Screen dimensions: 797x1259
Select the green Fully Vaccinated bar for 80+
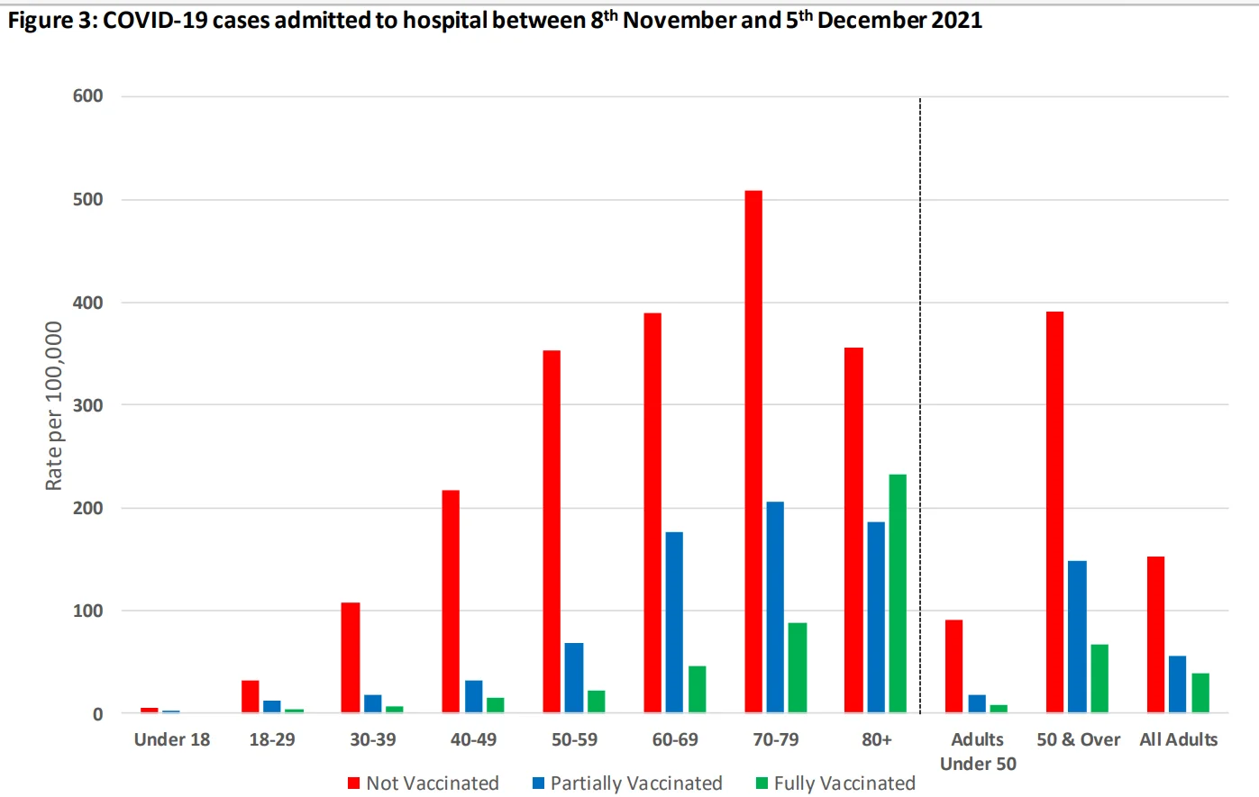pyautogui.click(x=898, y=593)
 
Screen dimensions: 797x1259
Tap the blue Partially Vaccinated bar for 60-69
pyautogui.click(x=674, y=622)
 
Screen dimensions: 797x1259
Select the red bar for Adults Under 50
pyautogui.click(x=953, y=666)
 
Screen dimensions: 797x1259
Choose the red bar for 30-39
pyautogui.click(x=351, y=657)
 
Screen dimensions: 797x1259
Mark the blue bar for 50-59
pyautogui.click(x=574, y=678)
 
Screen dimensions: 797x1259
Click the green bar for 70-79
pyautogui.click(x=798, y=667)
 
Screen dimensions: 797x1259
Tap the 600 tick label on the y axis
pyautogui.click(x=88, y=96)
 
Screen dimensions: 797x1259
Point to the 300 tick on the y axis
pyautogui.click(x=88, y=405)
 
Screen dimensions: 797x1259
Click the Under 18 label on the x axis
pyautogui.click(x=172, y=740)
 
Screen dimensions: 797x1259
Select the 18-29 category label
pyautogui.click(x=272, y=740)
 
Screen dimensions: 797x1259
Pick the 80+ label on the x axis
pyautogui.click(x=877, y=740)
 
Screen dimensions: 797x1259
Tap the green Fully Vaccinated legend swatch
pyautogui.click(x=762, y=783)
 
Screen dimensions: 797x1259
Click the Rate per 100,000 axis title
pyautogui.click(x=54, y=405)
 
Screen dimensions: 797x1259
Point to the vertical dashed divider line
pyautogui.click(x=920, y=405)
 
